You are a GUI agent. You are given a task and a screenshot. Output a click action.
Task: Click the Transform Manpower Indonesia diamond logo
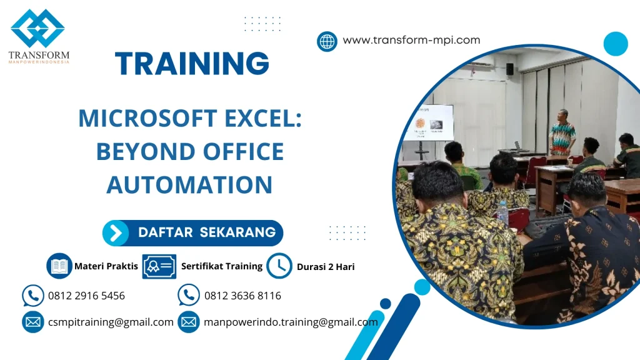[37, 28]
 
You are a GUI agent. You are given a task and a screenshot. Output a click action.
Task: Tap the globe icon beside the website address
[327, 41]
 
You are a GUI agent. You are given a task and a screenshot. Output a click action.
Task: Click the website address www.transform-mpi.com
[411, 40]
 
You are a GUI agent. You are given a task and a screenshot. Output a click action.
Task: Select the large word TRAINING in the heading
[192, 64]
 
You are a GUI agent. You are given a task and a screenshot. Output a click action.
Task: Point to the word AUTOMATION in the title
[189, 184]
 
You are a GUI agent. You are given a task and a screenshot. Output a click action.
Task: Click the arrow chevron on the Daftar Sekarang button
[116, 233]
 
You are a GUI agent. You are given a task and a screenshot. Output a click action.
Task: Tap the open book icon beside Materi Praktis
[59, 266]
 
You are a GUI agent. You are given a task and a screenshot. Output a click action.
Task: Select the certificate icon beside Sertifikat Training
[159, 266]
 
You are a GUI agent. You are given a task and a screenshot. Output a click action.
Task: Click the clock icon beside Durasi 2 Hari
[279, 266]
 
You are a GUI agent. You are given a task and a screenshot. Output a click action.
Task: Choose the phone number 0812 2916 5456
[86, 296]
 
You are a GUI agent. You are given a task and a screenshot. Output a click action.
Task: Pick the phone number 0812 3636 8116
[242, 296]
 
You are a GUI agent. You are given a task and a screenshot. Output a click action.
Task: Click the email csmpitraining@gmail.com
[111, 322]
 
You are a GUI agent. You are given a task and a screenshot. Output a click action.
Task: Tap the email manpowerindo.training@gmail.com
[291, 322]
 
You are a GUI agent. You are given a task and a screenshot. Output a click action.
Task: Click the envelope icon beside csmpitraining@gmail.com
[32, 322]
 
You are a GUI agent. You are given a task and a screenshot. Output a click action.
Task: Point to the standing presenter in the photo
[562, 132]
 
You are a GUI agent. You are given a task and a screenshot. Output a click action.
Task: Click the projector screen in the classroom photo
[428, 122]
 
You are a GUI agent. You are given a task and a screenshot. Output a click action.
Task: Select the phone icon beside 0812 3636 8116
[189, 296]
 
